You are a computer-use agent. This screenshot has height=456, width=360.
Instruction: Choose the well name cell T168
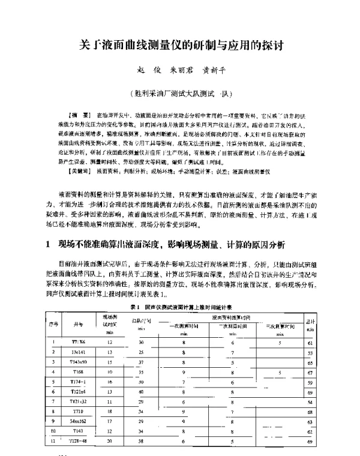pyautogui.click(x=79, y=373)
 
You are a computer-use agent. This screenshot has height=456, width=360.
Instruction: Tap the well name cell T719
pyautogui.click(x=79, y=412)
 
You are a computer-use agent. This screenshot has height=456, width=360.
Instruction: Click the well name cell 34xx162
pyautogui.click(x=79, y=422)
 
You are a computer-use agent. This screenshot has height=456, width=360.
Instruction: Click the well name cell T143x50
pyautogui.click(x=79, y=363)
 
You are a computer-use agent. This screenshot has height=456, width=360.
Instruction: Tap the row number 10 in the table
pyautogui.click(x=53, y=431)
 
